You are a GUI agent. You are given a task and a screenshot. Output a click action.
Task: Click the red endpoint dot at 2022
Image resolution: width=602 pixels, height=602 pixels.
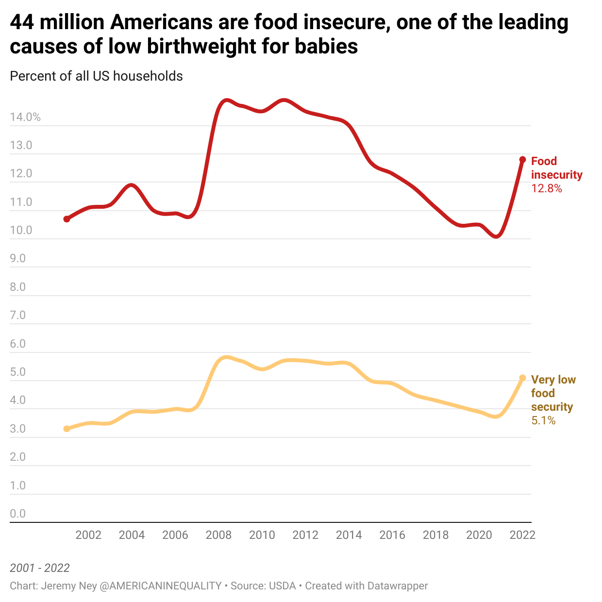point(522,160)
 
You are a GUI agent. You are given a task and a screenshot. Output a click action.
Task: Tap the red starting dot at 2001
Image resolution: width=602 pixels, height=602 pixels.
point(67,219)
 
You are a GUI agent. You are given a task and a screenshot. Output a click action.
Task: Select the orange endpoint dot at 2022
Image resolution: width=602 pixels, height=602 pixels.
point(522,378)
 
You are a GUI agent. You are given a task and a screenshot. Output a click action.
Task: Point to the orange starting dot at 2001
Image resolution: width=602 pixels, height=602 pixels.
point(67,429)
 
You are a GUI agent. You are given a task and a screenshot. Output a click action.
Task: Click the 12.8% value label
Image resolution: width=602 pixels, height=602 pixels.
point(547,188)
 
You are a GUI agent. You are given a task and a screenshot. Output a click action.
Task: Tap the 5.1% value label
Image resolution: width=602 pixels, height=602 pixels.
point(543,420)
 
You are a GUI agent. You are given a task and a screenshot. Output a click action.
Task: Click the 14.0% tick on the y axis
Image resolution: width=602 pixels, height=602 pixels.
point(25,117)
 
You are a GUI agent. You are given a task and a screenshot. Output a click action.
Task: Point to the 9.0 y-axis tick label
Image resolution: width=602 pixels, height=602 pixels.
point(18,258)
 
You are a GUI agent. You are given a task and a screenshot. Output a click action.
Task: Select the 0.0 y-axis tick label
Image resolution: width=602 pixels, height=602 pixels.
point(18,514)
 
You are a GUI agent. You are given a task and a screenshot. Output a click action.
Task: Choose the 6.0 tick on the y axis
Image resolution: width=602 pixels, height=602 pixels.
point(18,344)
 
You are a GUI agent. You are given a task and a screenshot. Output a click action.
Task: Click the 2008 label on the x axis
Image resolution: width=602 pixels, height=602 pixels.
point(218,535)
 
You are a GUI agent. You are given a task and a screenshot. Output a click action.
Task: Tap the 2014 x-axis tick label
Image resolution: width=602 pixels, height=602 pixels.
point(349,535)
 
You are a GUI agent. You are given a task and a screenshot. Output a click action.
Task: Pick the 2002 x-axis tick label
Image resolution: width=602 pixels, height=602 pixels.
point(88,535)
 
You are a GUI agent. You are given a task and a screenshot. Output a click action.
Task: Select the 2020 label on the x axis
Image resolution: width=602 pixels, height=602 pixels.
point(479,535)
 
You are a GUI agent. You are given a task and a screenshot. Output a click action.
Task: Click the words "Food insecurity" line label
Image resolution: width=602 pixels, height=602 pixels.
point(556,168)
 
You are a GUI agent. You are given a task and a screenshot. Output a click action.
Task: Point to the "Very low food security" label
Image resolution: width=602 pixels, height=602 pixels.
point(553,393)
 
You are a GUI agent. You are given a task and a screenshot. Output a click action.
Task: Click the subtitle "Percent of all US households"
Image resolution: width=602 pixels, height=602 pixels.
point(96,76)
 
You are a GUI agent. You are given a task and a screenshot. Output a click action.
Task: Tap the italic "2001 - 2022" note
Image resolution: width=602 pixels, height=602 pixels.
point(40,568)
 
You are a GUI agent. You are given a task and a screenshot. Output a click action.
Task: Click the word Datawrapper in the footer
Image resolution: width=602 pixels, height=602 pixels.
point(397,586)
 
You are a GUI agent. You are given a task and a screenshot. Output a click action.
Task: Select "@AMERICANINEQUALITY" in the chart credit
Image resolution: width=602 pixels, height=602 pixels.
point(160,586)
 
